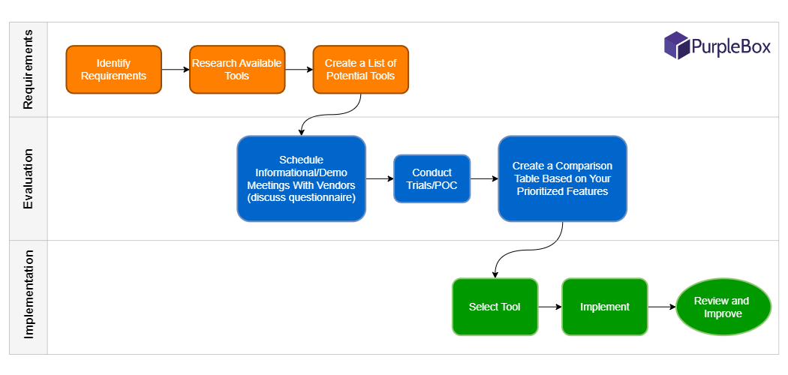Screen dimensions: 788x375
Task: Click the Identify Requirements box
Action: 113,70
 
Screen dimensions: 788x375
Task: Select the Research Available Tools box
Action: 237,70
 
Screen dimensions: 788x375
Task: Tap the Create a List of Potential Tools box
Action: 361,70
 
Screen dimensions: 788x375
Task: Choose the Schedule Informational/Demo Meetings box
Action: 302,178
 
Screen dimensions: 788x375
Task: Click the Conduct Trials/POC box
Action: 432,178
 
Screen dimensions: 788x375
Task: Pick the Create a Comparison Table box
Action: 562,178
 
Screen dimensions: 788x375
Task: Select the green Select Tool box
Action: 495,307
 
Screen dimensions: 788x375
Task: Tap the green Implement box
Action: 605,307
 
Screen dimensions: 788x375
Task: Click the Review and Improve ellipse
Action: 723,307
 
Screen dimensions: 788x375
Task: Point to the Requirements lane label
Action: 29,69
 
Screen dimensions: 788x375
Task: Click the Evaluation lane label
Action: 29,178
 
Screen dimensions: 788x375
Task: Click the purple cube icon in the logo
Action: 676,45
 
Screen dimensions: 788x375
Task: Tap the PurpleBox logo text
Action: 731,46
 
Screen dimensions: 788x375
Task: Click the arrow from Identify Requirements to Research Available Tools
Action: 176,70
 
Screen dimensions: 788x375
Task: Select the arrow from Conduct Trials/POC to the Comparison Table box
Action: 485,178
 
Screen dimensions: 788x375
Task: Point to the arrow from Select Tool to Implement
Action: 550,307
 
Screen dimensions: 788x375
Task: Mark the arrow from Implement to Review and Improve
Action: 662,307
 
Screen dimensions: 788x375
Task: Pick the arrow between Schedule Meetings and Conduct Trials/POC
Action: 380,178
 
